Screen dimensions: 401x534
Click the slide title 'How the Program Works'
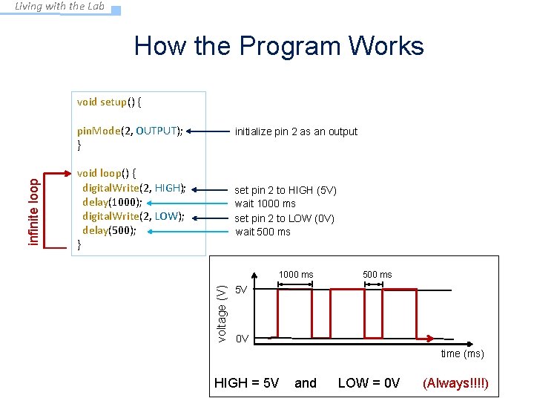coord(279,46)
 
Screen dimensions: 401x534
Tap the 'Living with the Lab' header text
coord(60,7)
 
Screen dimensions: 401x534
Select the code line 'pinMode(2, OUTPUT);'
coord(130,131)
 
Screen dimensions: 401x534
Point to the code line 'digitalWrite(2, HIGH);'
coord(133,188)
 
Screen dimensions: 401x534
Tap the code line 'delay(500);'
coord(109,230)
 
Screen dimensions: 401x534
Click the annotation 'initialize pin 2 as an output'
coord(296,131)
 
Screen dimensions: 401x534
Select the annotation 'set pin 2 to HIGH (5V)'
coord(286,190)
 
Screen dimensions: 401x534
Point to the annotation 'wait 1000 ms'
coord(265,203)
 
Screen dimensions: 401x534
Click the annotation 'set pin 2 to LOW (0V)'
coord(284,218)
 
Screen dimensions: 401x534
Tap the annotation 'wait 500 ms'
coord(263,232)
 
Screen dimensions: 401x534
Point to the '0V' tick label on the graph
coord(242,339)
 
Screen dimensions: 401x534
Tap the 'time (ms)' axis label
coord(462,353)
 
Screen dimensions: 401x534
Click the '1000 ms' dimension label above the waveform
coord(296,275)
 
